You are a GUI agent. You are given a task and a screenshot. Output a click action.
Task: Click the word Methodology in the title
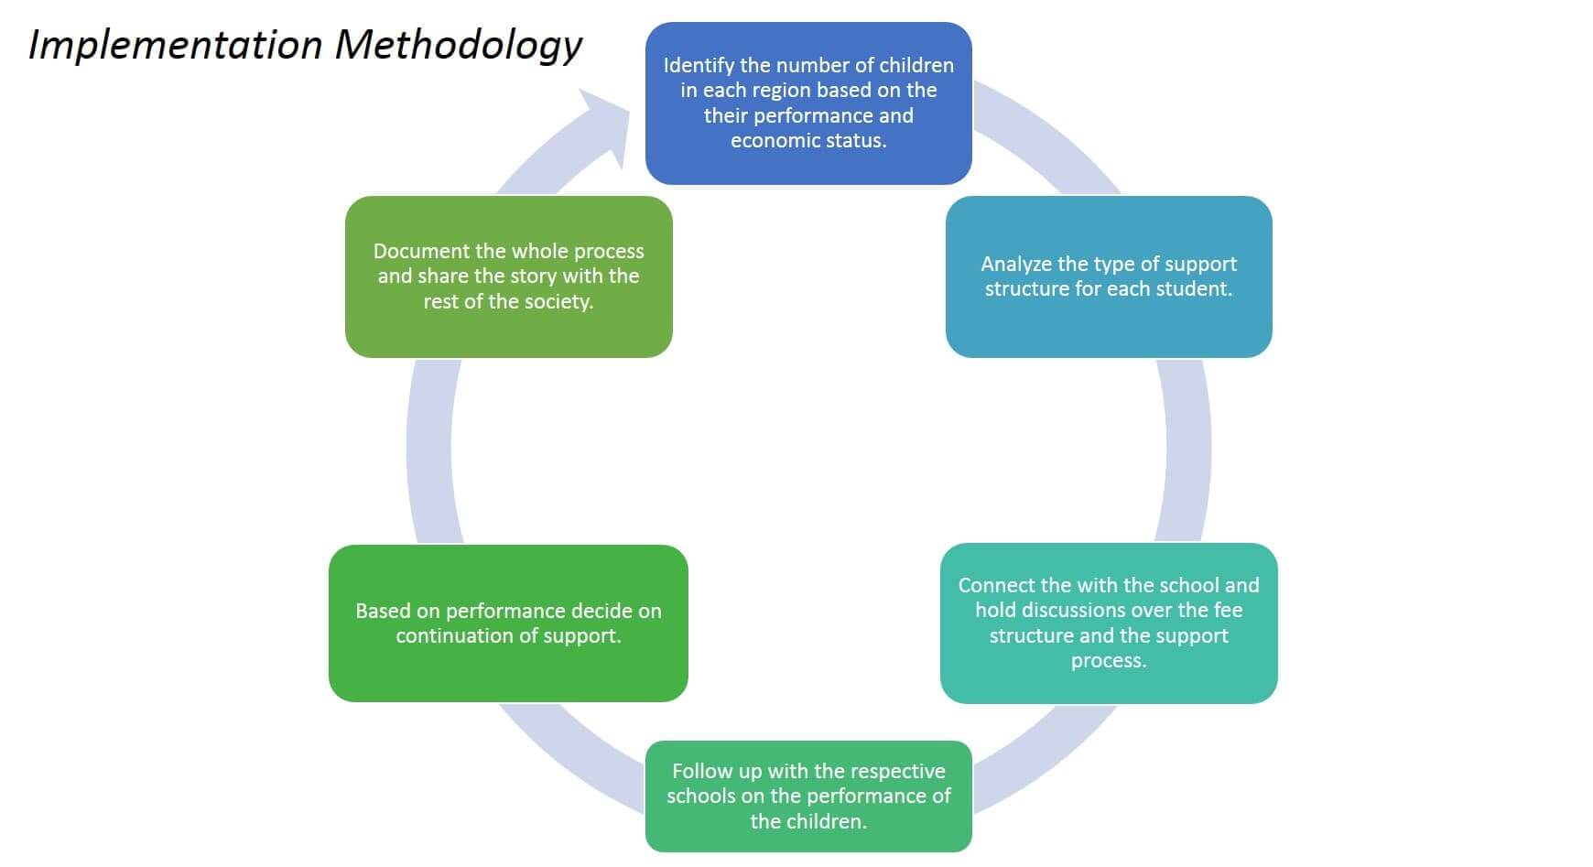click(458, 45)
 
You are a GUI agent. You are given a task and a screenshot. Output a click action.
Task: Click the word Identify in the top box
click(699, 66)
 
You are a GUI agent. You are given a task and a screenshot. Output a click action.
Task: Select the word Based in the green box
click(383, 612)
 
